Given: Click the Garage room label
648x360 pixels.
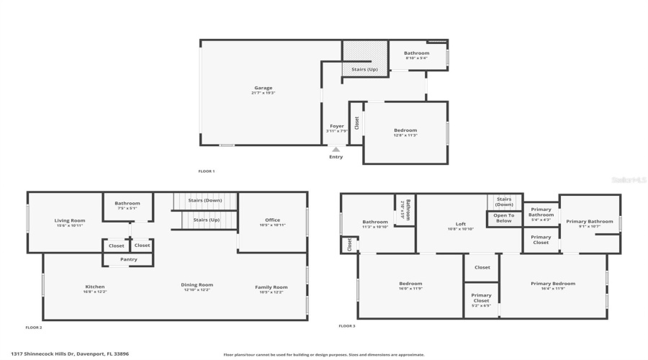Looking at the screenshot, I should click(x=264, y=88).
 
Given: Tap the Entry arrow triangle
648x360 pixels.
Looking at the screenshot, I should click(x=336, y=150).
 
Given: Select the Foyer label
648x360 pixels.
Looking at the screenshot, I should click(x=336, y=126).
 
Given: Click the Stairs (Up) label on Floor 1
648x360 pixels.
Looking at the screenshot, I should click(x=364, y=69).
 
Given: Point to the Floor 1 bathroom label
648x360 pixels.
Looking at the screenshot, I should click(x=416, y=53).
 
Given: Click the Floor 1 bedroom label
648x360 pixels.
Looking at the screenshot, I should click(x=405, y=130).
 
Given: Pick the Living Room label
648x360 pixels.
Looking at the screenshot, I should click(x=70, y=220).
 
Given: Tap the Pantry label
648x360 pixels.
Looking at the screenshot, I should click(x=129, y=259).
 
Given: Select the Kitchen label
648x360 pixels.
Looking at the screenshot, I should click(x=95, y=287).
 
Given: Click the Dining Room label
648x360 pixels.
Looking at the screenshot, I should click(x=197, y=285).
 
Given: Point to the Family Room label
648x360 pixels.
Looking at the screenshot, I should click(x=271, y=287).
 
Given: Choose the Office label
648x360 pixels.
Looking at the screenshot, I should click(x=272, y=220).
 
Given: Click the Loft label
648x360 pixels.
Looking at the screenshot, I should click(x=461, y=224).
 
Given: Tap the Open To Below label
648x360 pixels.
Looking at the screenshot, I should click(x=504, y=218).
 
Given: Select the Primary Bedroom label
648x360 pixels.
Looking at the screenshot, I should click(x=553, y=284).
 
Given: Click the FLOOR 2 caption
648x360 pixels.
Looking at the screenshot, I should click(x=34, y=328).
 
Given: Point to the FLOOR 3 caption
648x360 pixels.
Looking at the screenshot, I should click(x=347, y=326).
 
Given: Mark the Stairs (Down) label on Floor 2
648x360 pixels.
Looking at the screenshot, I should click(x=204, y=200).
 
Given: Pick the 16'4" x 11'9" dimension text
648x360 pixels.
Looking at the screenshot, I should click(x=553, y=289).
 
